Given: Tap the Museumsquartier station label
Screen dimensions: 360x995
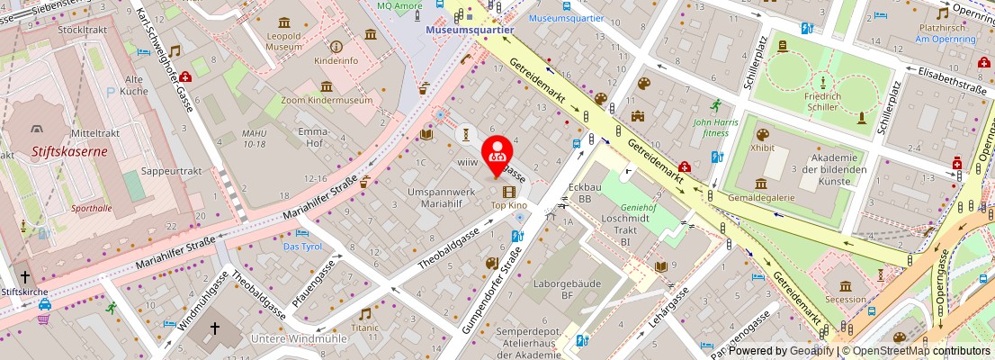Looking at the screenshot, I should point(470,30).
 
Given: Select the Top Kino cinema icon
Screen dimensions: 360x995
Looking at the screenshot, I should point(510,191).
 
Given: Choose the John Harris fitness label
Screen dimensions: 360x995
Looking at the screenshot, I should point(716,127).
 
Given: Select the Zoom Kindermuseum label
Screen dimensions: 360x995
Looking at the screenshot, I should point(326,101).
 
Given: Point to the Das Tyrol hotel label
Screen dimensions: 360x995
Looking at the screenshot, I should point(302,246).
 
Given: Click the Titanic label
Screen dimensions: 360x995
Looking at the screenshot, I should point(364,328).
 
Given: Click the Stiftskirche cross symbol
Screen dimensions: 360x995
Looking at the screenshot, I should point(25,277).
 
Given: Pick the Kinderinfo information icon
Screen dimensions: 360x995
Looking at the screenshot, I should point(336,46).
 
